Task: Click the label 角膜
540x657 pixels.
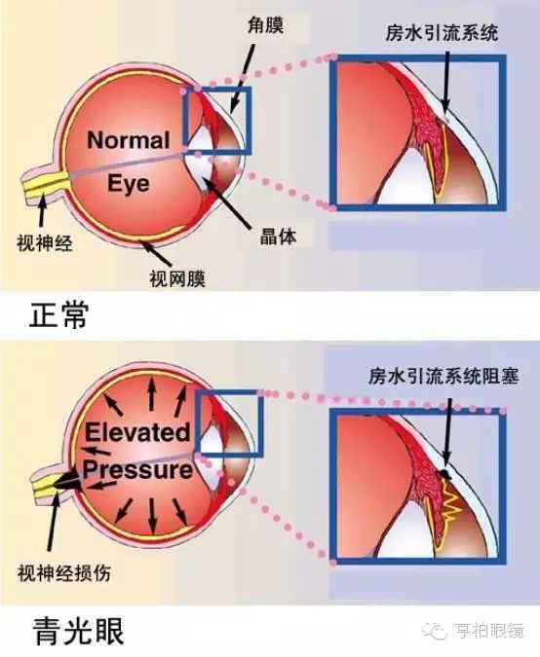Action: [x=265, y=25]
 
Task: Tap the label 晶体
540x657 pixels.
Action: [x=278, y=237]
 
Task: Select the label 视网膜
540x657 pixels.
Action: [x=177, y=278]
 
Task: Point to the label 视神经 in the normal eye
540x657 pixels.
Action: [x=45, y=242]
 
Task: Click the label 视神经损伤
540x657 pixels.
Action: [x=64, y=572]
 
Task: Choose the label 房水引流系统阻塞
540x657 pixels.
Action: [x=444, y=376]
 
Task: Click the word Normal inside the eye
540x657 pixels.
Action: [x=129, y=140]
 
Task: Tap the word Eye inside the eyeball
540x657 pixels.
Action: [x=129, y=184]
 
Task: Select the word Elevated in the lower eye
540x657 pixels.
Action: [x=137, y=432]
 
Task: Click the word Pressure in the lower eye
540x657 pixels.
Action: [x=137, y=469]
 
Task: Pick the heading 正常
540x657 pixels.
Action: [x=58, y=314]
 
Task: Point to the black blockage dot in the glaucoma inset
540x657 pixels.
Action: [x=444, y=474]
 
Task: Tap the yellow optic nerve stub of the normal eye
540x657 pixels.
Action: [x=44, y=184]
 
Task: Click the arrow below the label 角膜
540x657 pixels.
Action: [x=242, y=78]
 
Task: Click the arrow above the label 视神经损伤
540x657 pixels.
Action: [x=54, y=521]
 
